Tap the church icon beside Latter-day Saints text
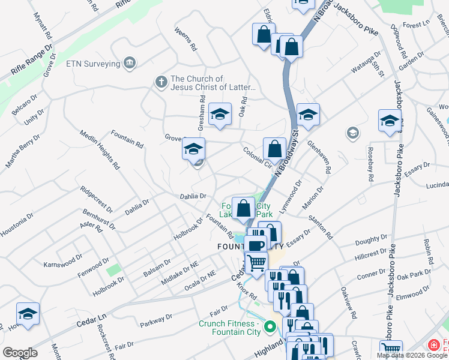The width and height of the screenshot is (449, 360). coord(160,82)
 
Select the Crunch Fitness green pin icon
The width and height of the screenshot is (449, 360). coord(270,328)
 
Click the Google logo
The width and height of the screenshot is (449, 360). coord(20,353)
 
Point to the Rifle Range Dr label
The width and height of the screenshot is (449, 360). coord(31,60)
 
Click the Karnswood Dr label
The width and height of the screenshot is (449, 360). coord(62,262)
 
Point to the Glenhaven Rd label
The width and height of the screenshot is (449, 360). coord(319,157)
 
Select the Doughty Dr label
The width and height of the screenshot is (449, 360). coord(367,241)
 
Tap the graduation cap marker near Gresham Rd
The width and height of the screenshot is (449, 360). coord(220,113)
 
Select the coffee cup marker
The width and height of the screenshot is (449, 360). coord(256,244)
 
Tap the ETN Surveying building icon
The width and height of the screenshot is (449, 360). coord(129,62)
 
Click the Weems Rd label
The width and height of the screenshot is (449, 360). coord(186,38)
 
